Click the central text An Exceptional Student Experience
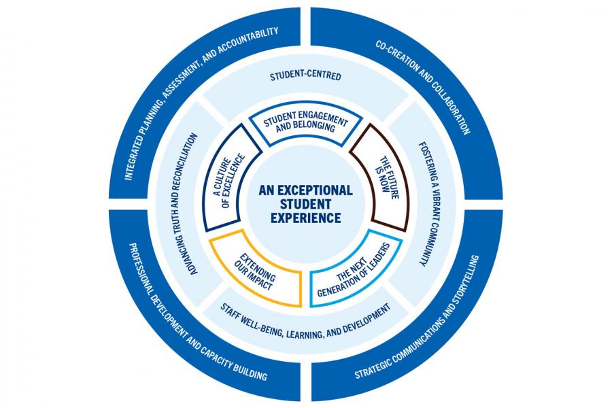[305, 204]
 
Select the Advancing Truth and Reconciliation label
[193, 204]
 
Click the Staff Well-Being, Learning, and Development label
[306, 320]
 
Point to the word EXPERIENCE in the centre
[305, 219]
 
